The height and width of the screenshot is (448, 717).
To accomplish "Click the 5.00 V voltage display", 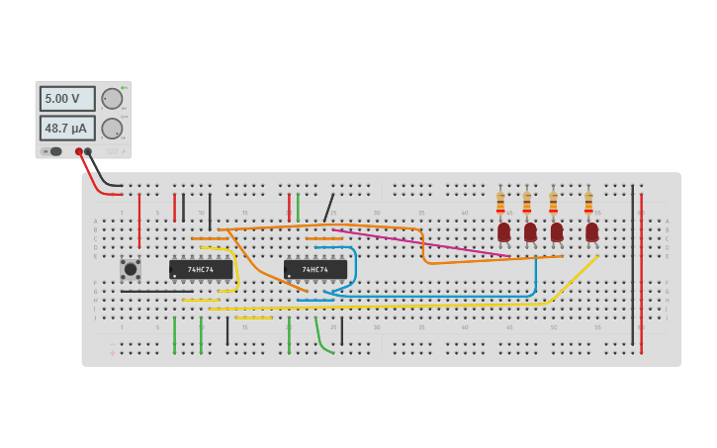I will click(67, 99).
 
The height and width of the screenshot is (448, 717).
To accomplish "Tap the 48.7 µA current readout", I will click(67, 129).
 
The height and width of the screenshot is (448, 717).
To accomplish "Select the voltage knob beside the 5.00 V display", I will click(112, 99).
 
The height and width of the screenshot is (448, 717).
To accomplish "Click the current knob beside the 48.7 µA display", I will click(112, 129).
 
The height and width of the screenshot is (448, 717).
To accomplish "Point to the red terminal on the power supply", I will click(78, 151).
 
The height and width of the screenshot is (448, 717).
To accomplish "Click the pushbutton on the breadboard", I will click(131, 269).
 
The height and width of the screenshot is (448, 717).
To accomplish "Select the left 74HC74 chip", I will click(201, 269).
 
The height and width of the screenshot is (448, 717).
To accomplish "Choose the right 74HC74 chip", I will click(315, 269).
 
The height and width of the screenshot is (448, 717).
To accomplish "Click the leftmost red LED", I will click(503, 232).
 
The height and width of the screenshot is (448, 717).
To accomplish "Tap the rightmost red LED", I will click(591, 232).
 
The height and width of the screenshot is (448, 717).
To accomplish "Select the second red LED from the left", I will click(530, 232).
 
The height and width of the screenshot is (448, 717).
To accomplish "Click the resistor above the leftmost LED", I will click(500, 203).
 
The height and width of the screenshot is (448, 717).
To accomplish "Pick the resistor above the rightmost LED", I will click(588, 203).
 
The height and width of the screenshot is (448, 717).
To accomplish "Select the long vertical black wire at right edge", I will click(633, 267).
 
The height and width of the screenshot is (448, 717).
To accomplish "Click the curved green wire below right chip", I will click(320, 339).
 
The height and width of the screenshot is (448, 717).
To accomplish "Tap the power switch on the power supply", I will click(55, 151).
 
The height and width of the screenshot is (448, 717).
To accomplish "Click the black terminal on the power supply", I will click(88, 151).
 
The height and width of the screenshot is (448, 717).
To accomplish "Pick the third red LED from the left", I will click(557, 232).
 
